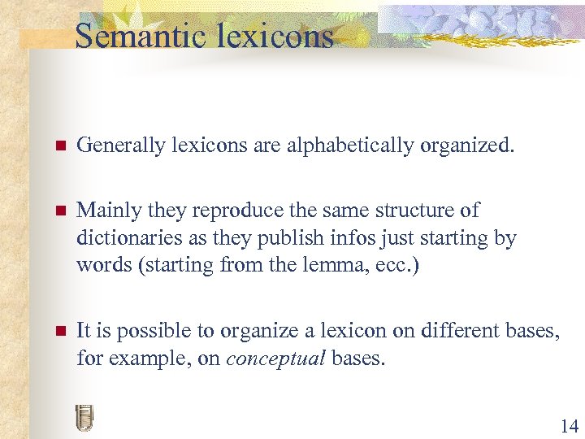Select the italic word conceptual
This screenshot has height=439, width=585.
[276, 358]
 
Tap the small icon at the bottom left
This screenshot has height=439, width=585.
[84, 417]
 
